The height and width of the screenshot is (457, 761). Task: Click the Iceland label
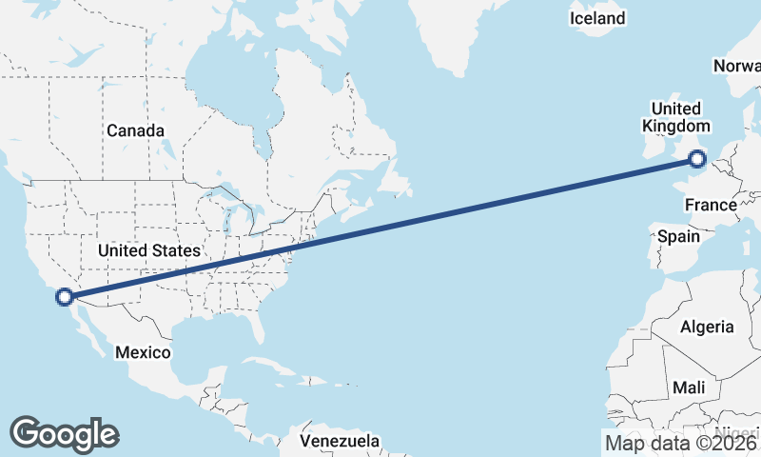point(597,18)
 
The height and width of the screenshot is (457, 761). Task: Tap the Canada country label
point(135,130)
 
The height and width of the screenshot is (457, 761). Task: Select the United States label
point(150,250)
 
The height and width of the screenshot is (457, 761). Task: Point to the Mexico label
point(143,352)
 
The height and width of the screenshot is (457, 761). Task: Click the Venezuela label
point(340,441)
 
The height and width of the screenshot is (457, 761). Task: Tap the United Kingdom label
point(675,117)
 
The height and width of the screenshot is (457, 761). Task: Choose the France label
point(711,205)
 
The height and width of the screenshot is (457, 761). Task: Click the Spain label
point(678,236)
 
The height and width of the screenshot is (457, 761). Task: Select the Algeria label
point(707,327)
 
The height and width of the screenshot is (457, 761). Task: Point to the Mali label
point(689,387)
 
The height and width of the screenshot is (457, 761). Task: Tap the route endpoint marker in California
point(64,296)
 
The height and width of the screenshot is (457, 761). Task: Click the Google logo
point(64,434)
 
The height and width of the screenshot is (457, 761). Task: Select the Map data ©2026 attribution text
point(680,442)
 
